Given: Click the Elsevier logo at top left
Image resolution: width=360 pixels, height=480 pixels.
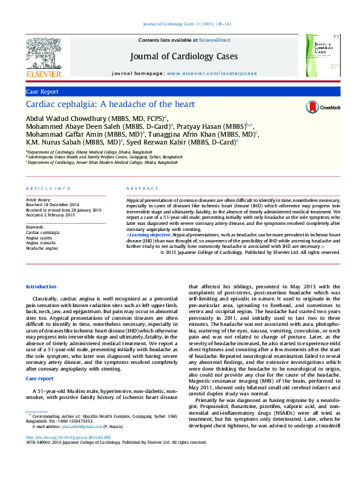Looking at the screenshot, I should pyautogui.click(x=44, y=57).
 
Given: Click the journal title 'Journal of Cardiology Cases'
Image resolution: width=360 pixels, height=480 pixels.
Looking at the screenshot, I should pyautogui.click(x=184, y=57).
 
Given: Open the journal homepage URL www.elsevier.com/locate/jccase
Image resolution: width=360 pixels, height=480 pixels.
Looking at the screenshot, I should pyautogui.click(x=211, y=73).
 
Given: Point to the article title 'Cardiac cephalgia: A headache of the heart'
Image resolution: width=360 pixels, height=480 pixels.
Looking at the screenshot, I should pyautogui.click(x=110, y=105).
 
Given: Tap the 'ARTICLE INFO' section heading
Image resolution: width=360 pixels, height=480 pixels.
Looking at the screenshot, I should pyautogui.click(x=43, y=189).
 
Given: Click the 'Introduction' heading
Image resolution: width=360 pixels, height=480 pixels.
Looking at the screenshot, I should pyautogui.click(x=41, y=287).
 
